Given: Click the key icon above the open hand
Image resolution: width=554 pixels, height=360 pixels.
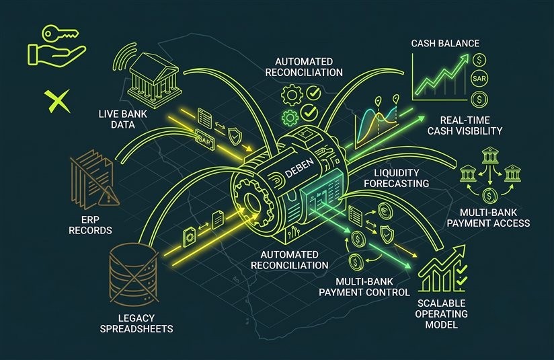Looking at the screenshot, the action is (x=59, y=33).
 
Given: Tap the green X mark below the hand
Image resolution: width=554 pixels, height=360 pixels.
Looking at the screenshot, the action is (x=57, y=101).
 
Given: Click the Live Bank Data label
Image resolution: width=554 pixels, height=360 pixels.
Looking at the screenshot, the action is (x=122, y=119).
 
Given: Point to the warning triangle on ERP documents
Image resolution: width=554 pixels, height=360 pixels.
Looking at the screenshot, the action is (x=108, y=196).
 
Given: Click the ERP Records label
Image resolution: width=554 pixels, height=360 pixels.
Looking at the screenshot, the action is (x=91, y=225).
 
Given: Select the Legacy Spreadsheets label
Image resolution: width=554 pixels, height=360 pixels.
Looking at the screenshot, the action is (x=136, y=323).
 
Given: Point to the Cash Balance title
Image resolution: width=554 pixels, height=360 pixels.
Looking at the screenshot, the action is (x=445, y=44).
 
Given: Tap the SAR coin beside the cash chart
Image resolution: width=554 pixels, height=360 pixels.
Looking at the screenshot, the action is (x=479, y=79).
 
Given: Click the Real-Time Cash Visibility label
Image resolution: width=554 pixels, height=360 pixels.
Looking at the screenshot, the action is (x=465, y=125).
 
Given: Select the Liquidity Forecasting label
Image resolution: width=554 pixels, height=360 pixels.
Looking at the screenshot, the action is (x=397, y=178).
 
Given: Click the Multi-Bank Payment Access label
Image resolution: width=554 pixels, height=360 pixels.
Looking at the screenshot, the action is (x=488, y=217).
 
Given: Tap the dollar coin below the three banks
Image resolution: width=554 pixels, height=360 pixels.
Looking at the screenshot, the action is (x=489, y=196).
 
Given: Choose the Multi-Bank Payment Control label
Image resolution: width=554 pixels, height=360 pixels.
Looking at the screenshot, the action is (x=364, y=287).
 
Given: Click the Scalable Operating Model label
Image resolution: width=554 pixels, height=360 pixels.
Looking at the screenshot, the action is (x=441, y=314).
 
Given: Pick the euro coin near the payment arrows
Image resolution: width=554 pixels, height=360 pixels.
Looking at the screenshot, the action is (x=385, y=211).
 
